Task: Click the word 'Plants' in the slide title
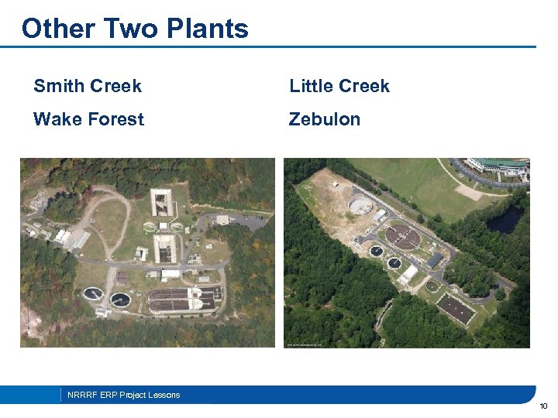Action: [207, 29]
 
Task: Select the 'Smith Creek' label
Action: [87, 86]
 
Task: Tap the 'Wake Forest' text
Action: [88, 119]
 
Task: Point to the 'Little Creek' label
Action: [339, 86]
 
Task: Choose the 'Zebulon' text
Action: [325, 119]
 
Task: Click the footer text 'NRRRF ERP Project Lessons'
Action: [123, 395]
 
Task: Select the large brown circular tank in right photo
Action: [402, 236]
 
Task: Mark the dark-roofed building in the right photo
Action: [435, 260]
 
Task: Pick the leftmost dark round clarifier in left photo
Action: [93, 294]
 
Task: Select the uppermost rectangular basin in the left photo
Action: [161, 202]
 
